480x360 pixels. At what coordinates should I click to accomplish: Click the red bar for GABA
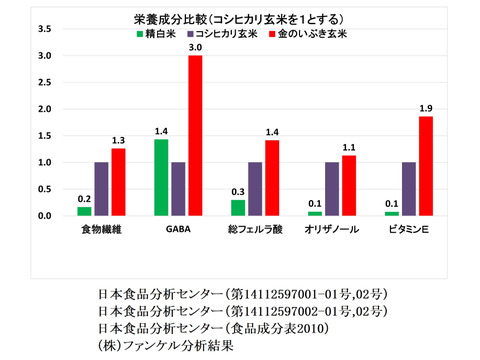196,135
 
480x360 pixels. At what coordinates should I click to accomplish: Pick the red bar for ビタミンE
425,165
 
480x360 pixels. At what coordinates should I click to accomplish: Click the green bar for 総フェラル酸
238,207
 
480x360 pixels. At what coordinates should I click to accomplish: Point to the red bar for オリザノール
348,185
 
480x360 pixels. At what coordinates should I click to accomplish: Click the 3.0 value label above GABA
196,47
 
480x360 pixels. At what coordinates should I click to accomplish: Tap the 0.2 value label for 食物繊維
84,198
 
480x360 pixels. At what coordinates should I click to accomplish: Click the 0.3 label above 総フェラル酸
238,191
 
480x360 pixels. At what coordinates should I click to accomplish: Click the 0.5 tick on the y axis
45,189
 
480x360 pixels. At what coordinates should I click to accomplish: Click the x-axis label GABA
178,231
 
